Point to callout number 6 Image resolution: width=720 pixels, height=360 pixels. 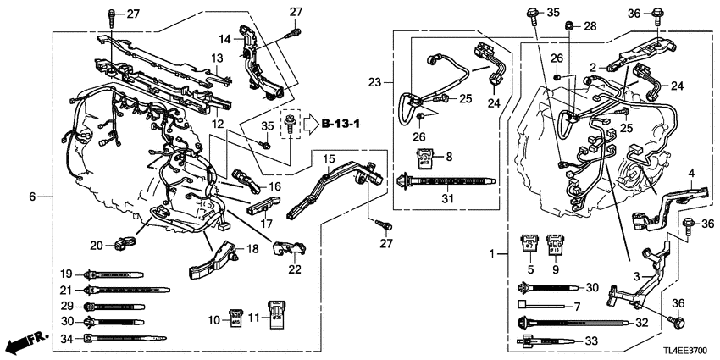pos(33,197)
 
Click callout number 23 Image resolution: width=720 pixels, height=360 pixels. pos(375,82)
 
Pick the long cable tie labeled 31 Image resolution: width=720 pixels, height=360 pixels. pos(449,181)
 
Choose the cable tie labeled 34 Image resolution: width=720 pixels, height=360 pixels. pos(119,339)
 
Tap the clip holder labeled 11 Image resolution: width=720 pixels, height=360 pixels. pos(274,313)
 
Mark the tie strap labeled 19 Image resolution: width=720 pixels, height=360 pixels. pos(114,274)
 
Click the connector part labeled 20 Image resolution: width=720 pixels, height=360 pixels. pos(126,244)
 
